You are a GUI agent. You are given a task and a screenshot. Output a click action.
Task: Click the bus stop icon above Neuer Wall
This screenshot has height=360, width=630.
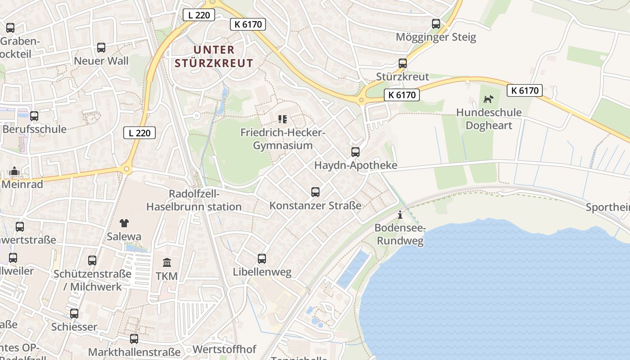click(x=101, y=48)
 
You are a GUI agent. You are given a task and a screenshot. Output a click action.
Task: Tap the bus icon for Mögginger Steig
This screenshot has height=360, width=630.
click(x=436, y=24)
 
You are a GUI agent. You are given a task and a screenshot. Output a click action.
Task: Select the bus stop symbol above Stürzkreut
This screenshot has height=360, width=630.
click(x=403, y=63)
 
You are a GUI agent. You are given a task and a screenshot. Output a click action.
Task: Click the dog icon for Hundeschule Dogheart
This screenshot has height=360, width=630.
click(x=489, y=99)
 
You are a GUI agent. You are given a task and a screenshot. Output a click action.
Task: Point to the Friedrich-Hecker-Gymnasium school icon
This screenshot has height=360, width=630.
click(x=283, y=119)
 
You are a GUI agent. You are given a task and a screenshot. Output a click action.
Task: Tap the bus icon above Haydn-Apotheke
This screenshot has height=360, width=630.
click(x=355, y=152)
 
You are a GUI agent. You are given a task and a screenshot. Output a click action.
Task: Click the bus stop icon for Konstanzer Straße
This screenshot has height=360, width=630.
click(x=315, y=192)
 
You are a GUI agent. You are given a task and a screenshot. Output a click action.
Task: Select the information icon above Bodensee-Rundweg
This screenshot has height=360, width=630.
click(x=400, y=215)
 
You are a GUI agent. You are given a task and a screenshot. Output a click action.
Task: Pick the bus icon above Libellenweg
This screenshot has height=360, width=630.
click(x=262, y=259)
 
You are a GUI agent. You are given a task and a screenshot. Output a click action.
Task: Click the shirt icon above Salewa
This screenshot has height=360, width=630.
click(x=124, y=223)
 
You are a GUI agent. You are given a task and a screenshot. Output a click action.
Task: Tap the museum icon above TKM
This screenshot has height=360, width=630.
click(x=167, y=262)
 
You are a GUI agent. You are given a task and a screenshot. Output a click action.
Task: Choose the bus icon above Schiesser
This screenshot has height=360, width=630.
click(x=74, y=314)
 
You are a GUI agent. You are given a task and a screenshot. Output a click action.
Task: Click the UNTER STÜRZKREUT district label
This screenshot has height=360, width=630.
click(x=214, y=56)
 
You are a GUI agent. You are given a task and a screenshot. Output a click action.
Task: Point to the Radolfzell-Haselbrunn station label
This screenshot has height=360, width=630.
click(x=194, y=200)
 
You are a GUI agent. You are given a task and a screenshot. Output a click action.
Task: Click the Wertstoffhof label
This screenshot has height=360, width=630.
click(x=224, y=349)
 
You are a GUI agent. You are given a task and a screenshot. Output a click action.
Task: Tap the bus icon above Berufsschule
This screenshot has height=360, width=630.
click(x=34, y=116)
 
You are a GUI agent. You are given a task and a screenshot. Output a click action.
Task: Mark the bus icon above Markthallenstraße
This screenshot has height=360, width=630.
click(x=134, y=339)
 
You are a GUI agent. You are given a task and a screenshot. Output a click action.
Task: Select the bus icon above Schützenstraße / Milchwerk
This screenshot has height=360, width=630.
click(x=92, y=261)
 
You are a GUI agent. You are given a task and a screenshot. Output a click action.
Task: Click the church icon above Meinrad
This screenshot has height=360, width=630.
click(x=14, y=171)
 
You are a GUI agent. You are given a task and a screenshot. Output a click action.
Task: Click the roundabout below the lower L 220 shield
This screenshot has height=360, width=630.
click(x=126, y=170)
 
